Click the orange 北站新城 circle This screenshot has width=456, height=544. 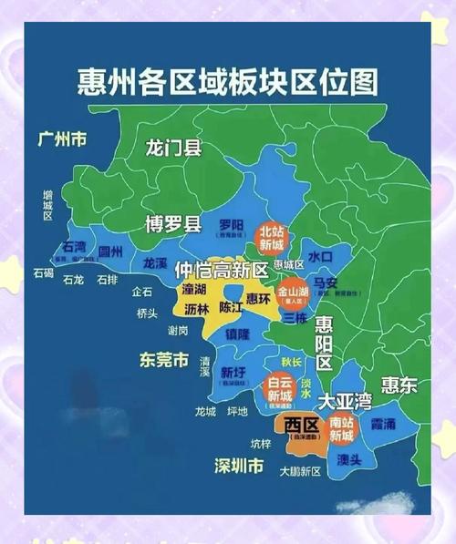(271, 239)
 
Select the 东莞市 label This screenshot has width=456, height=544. (163, 359)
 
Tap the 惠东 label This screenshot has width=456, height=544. (399, 385)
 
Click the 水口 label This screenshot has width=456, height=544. (320, 257)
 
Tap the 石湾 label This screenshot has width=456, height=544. (73, 247)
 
